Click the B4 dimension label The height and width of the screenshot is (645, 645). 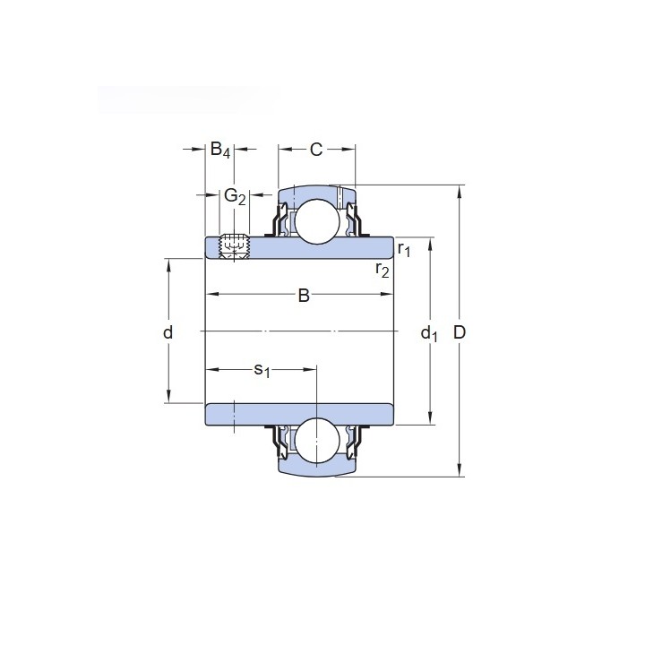(x=220, y=150)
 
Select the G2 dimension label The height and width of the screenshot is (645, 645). (x=235, y=196)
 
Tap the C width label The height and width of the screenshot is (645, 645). (x=316, y=150)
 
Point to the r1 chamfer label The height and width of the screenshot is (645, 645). (x=404, y=249)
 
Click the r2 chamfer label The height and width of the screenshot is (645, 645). (x=383, y=270)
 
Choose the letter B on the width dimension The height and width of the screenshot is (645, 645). (x=304, y=296)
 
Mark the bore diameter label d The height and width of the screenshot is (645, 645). (x=168, y=332)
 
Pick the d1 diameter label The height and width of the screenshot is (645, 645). (x=429, y=333)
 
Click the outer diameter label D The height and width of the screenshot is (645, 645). (x=459, y=332)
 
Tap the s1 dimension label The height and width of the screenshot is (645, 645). (x=262, y=370)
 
